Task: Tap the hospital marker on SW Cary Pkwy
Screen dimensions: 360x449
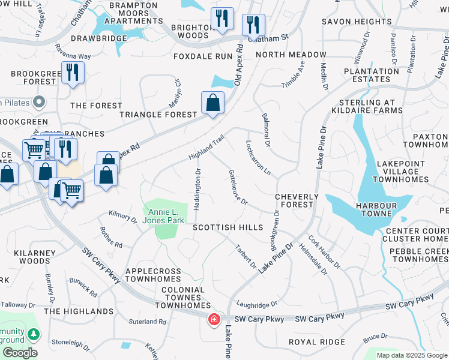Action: coord(214,320)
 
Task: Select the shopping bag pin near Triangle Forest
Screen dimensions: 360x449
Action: coord(212,104)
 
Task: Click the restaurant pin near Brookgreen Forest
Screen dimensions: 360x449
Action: coord(73,74)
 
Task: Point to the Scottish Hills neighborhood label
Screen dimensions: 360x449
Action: coord(228,227)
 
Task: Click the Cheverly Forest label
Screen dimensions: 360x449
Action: coord(297,200)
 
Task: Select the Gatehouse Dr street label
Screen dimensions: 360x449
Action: coord(238,187)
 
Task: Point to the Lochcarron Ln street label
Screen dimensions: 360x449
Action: coord(258,158)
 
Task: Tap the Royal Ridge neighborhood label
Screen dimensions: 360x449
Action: coord(317,342)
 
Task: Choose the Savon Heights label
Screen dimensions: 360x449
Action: coord(357,22)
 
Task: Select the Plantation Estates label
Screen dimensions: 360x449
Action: coord(363,75)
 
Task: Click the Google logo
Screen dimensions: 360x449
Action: coord(20,353)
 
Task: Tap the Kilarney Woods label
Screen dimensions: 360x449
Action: coord(26,257)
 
